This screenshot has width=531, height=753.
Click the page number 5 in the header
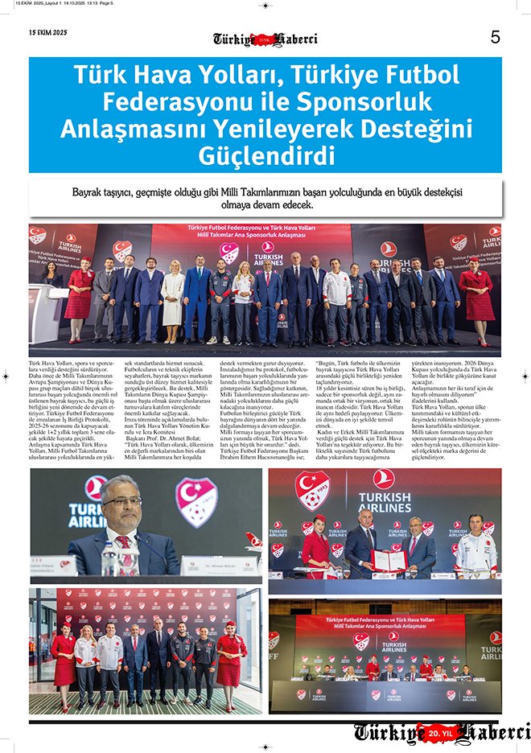[x=496, y=37]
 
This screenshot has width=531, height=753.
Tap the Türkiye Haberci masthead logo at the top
[x=265, y=39]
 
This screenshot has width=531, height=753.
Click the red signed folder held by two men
[x=388, y=558]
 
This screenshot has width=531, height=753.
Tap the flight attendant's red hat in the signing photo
[x=319, y=519]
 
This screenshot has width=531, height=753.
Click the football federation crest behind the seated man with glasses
[x=196, y=502]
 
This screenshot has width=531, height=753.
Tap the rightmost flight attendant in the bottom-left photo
[x=228, y=658]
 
